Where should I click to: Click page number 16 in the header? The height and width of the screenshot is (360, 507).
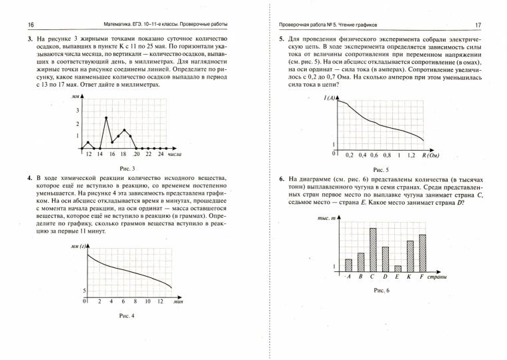click(x=13, y=25)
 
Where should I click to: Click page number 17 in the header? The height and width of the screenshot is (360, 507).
click(x=478, y=25)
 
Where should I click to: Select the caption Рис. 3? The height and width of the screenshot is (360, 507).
click(x=126, y=169)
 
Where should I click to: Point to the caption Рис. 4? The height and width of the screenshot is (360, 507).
click(x=126, y=315)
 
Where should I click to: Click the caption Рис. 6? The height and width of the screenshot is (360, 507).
click(x=380, y=291)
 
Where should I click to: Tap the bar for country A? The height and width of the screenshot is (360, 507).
click(x=348, y=263)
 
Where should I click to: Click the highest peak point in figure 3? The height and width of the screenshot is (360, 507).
click(x=106, y=118)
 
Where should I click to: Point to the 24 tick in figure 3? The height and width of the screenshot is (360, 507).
click(x=160, y=154)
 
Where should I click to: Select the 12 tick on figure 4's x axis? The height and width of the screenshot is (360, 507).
click(x=160, y=301)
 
